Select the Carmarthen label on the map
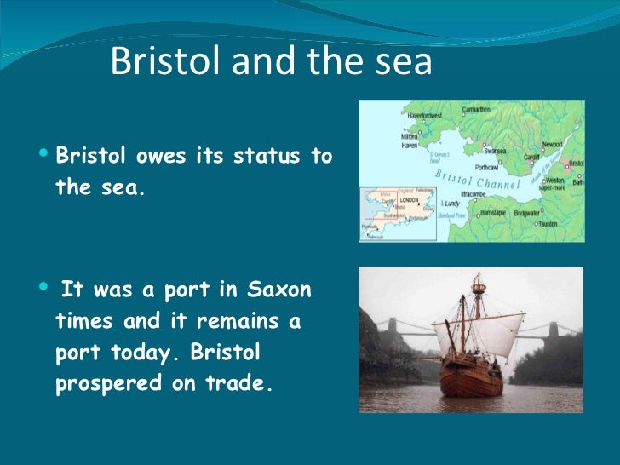[499, 109]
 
